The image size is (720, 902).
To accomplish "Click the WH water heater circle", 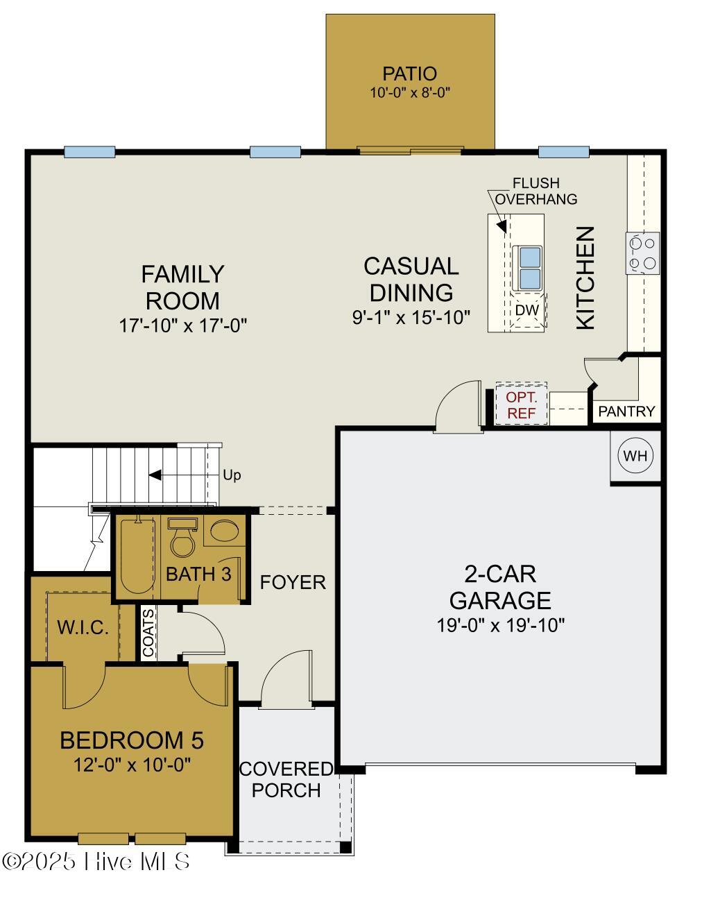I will pos(635,456).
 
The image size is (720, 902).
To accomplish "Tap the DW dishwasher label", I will pos(527,310).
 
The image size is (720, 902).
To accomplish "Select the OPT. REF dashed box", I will pos(521,405).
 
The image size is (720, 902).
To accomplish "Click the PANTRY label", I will pos(626,411).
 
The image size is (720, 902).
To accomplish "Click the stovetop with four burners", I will pos(643,253).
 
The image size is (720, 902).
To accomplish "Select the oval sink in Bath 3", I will pos(225,532).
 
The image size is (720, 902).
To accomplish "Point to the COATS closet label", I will pos(148,633).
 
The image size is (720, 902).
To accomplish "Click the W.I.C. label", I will pos(83,628).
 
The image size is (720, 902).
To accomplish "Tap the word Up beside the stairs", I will pos(232,475).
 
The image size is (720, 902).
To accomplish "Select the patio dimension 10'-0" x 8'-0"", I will pos(410,92).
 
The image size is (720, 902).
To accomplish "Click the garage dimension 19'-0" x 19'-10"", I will pos(500,625).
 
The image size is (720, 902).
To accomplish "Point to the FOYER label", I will pos(293,582).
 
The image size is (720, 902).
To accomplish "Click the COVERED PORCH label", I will pos(286,779).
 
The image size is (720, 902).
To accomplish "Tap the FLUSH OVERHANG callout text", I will pos(535,191).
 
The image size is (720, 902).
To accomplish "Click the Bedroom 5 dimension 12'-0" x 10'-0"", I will pos(132,765).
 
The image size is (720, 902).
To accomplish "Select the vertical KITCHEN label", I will pos(585,278).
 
